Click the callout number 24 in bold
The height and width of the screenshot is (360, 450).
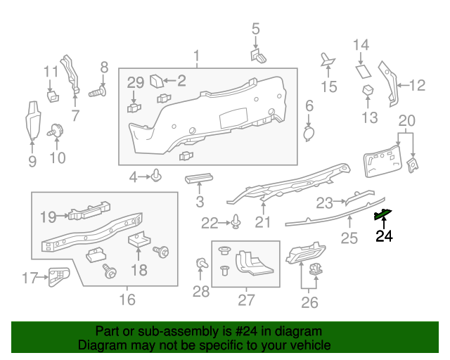click(x=384, y=236)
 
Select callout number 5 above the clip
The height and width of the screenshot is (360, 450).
click(x=255, y=29)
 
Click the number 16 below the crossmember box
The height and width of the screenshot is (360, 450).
click(x=127, y=300)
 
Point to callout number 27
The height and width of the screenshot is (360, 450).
click(x=245, y=301)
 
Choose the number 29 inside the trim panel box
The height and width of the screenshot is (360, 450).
click(x=136, y=83)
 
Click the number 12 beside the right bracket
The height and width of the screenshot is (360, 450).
click(x=417, y=86)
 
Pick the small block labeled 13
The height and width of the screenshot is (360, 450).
click(x=367, y=89)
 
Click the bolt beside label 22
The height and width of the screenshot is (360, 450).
click(x=236, y=224)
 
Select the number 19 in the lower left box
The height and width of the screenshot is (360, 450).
click(x=48, y=217)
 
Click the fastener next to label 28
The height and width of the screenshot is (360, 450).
click(x=202, y=264)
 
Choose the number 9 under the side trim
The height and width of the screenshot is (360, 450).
click(x=32, y=162)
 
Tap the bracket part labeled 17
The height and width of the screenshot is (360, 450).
click(x=58, y=277)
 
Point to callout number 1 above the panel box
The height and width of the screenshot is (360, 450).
click(x=197, y=56)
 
